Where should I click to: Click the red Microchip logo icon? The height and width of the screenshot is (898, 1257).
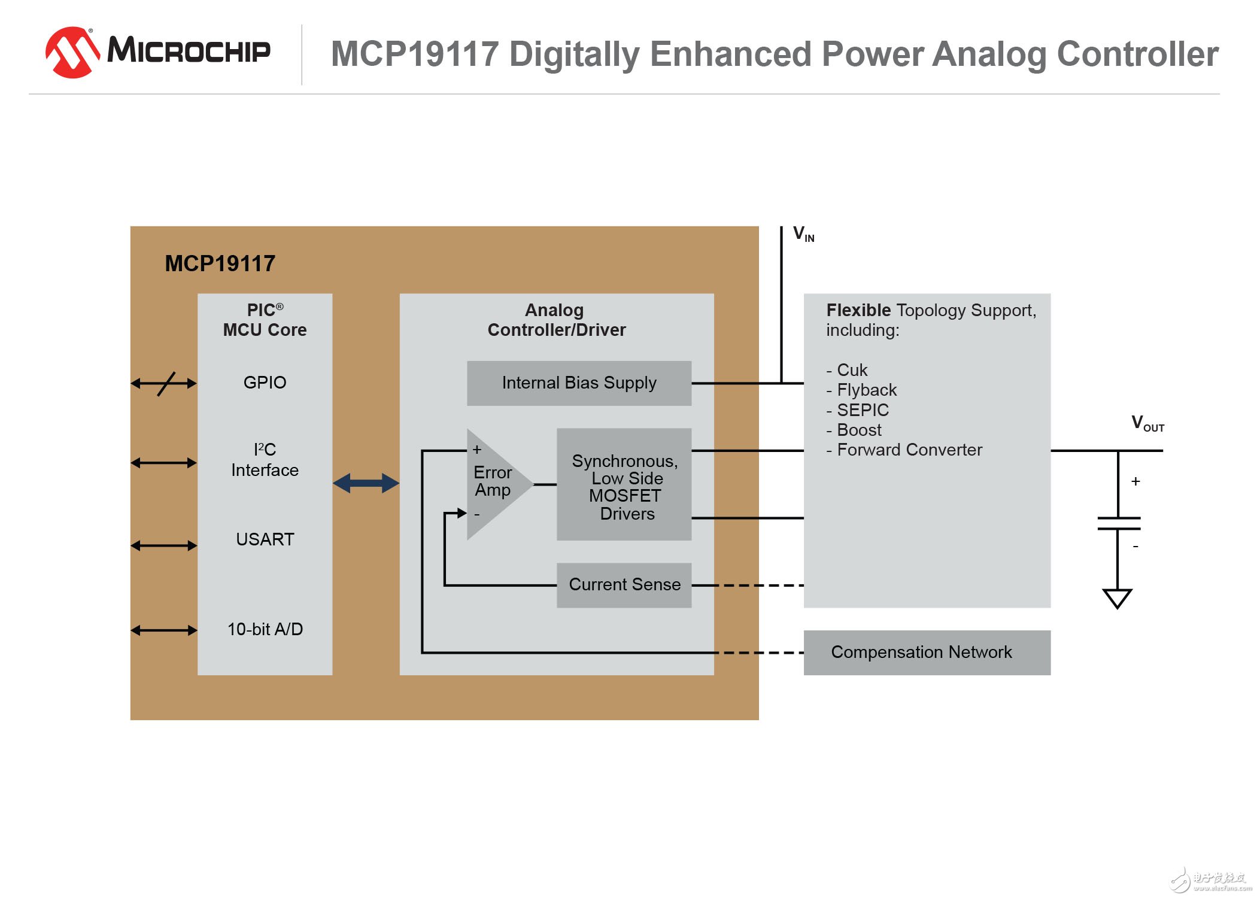pos(72,52)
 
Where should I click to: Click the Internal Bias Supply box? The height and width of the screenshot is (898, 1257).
pos(579,383)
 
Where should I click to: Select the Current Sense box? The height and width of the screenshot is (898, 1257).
pos(624,585)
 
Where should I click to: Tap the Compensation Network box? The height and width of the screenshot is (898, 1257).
pos(926,653)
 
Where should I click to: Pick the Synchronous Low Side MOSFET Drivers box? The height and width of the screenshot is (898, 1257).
pos(624,485)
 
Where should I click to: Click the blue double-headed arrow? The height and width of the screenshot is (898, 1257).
pos(366,483)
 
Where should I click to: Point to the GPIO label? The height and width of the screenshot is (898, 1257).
pos(265,383)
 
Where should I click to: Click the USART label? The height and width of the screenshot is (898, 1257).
pos(265,539)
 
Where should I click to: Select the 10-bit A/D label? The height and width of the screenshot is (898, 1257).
pos(265,629)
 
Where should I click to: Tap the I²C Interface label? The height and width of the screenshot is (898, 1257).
pos(265,460)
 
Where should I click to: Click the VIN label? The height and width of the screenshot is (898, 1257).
pos(803,234)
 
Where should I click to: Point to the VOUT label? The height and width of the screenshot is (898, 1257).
pos(1146,423)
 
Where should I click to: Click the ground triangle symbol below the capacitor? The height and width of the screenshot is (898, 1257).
pos(1117,598)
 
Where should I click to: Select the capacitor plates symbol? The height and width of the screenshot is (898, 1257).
pos(1118,523)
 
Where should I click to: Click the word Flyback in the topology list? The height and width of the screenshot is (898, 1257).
pos(866,390)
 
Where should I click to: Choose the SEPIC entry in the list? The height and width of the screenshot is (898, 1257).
pos(862,410)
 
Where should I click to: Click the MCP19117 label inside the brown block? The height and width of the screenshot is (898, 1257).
pos(220,264)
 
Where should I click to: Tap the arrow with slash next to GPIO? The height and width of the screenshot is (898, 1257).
pos(164,384)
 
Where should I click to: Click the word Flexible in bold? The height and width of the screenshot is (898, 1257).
pos(858,310)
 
